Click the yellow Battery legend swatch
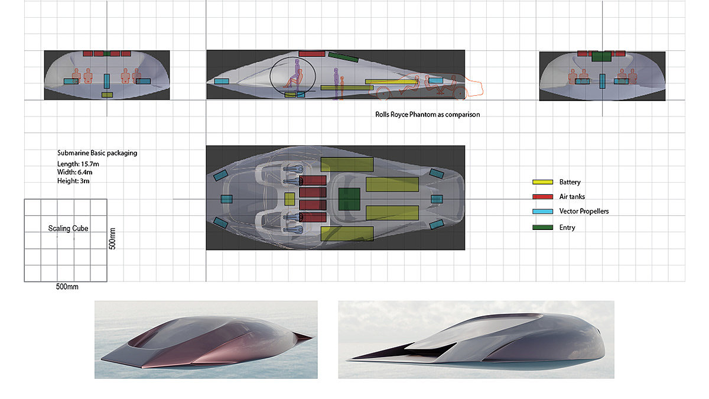point(542,182)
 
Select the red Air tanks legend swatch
point(542,197)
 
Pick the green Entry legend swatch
point(542,228)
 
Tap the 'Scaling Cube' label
point(67,228)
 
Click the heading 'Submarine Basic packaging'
point(97,153)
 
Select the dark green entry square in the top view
point(349,199)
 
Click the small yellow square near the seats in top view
point(290,199)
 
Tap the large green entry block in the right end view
point(601,57)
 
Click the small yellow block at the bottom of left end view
point(107,95)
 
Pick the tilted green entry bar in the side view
point(343,57)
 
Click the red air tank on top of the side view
point(311,53)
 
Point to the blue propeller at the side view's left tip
point(222,81)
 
